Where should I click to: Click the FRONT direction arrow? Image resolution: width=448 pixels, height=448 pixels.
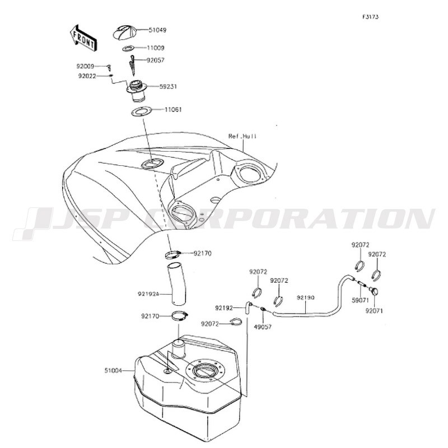(83, 38)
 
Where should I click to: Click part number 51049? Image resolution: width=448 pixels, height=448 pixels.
(157, 30)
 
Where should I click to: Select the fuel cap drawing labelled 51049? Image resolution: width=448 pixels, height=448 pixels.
(125, 32)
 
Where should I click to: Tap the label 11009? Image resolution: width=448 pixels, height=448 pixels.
(156, 48)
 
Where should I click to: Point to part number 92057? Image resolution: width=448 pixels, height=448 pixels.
(156, 60)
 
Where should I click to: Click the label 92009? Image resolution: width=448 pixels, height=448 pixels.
(85, 67)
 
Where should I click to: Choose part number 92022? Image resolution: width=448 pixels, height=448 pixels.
(87, 76)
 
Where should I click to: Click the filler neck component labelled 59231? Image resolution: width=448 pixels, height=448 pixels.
(137, 91)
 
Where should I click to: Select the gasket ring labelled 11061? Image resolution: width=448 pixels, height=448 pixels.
(142, 111)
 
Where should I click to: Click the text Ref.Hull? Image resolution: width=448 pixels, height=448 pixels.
(242, 136)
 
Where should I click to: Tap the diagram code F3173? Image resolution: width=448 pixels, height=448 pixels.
(371, 17)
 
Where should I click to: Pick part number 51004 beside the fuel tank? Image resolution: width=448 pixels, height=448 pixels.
(113, 371)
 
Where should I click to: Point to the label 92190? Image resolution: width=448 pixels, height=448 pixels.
(305, 298)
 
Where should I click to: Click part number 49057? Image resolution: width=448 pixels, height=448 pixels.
(263, 326)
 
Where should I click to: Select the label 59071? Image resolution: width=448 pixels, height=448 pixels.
(360, 301)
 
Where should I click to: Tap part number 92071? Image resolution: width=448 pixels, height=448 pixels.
(374, 311)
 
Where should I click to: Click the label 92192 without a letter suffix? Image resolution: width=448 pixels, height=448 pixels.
(224, 308)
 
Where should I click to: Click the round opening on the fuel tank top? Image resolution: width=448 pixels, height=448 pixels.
(204, 371)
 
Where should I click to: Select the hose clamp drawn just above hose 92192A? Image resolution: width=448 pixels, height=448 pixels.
(173, 255)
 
